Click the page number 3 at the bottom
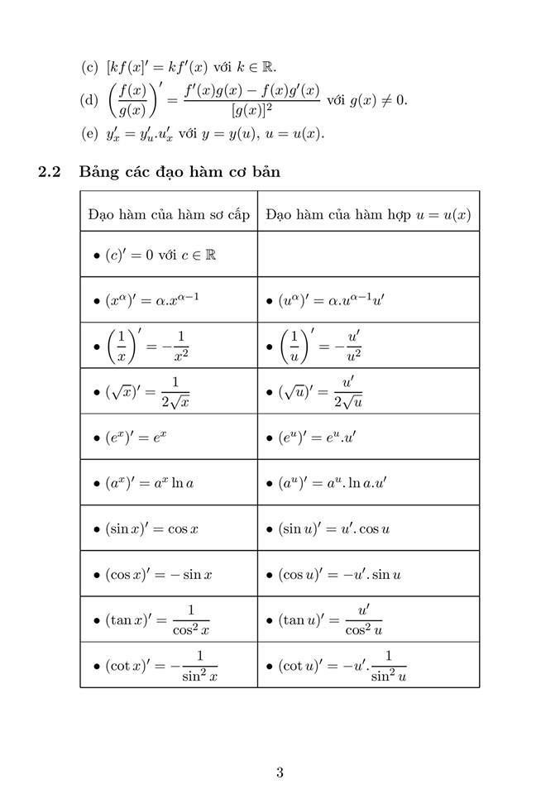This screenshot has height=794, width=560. coord(280,773)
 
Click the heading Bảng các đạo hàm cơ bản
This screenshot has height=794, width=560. coord(179,172)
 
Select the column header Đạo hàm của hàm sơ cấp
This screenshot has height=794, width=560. coord(169,214)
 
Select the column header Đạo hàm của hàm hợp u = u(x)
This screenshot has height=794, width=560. coord(368,214)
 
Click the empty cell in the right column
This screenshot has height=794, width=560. coord(368,255)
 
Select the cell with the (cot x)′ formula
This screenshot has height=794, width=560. coord(156,665)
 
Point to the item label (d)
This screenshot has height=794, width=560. coord(89,100)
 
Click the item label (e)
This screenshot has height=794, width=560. coord(89,134)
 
